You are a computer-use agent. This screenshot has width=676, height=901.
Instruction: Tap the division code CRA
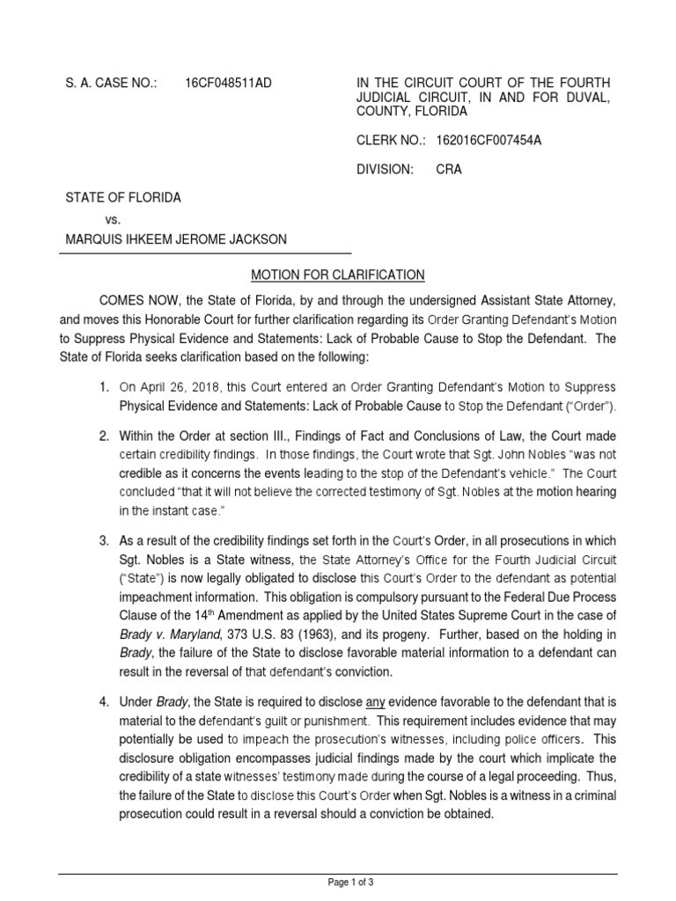pos(449,170)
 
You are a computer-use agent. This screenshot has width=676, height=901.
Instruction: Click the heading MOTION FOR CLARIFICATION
pos(338,275)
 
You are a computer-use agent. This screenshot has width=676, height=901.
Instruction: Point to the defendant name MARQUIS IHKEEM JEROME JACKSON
pos(176,240)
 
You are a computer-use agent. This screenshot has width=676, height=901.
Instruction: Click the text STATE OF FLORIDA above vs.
pos(123,198)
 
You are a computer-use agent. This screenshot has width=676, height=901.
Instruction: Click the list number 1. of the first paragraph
pos(104,387)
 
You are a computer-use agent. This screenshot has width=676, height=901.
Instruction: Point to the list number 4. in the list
pos(104,700)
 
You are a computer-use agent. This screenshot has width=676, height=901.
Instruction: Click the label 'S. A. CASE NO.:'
pos(111,83)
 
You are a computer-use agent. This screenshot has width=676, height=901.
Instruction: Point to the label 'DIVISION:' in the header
pos(384,170)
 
